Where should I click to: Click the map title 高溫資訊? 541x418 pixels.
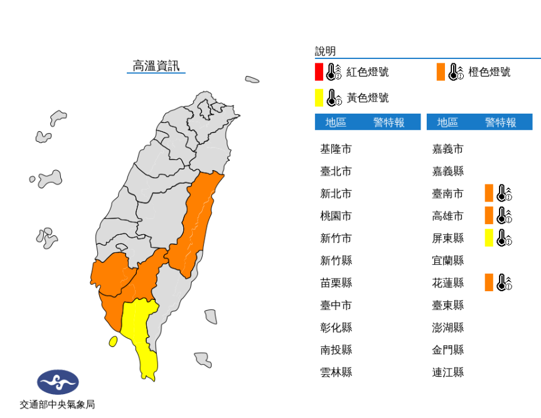(156, 65)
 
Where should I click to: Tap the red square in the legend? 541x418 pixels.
(319, 72)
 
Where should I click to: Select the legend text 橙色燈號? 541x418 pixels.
(490, 72)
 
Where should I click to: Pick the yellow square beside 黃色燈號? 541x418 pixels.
(319, 98)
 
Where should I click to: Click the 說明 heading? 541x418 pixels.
(325, 51)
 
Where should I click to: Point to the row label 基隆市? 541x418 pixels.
(336, 149)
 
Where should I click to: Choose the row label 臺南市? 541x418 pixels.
(447, 193)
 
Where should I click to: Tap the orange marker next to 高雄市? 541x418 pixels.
(489, 215)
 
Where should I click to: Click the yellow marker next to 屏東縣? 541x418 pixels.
(489, 238)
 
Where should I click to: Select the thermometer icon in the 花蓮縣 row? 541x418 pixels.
(504, 282)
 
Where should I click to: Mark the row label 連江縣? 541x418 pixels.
(447, 372)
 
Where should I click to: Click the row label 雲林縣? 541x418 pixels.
(336, 372)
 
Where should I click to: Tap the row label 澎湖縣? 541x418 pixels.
(447, 328)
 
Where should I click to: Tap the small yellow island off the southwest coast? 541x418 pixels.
(113, 341)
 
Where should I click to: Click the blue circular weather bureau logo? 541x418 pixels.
(58, 382)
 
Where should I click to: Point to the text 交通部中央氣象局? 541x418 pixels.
(57, 405)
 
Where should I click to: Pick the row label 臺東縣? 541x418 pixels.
(447, 305)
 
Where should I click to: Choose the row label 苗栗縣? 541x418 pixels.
(336, 282)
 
